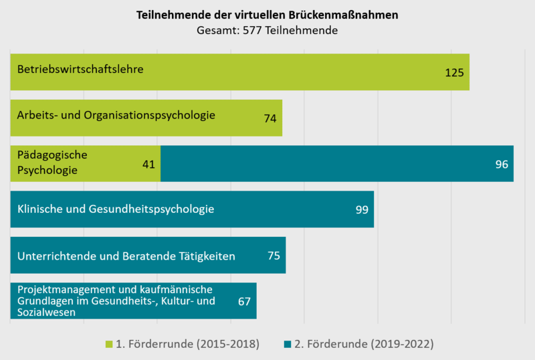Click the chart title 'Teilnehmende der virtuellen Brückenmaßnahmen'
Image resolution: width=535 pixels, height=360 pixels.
coord(267,15)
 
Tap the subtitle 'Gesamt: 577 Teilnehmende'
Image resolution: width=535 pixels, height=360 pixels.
coord(267,30)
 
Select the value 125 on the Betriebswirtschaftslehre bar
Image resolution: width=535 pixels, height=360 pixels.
coord(454,72)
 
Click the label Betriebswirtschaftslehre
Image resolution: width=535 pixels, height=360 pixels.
coord(81,68)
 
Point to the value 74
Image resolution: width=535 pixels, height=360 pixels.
coord(270,118)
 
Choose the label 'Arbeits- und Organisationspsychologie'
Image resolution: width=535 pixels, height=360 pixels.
coord(116,115)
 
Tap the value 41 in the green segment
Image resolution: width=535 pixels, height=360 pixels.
coord(148,164)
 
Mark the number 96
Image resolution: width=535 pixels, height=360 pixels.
coord(502,164)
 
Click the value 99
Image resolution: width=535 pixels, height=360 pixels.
coord(362,209)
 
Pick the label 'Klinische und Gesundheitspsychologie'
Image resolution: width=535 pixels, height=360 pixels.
coord(116,209)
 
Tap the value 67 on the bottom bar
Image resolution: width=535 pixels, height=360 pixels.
coord(244,301)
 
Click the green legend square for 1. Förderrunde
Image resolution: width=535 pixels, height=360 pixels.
coord(109,344)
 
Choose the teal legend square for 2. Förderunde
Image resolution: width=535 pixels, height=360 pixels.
coord(288,344)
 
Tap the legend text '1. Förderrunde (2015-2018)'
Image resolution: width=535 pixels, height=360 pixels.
coord(187,344)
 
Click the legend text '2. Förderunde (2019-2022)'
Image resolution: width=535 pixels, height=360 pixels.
coord(364,344)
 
